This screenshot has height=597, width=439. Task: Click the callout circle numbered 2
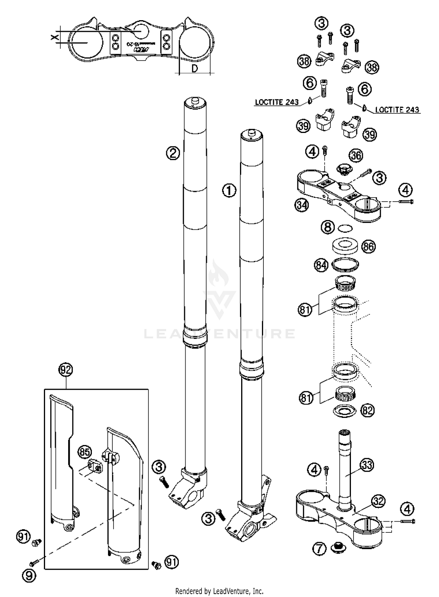173,153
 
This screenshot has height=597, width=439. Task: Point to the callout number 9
29,575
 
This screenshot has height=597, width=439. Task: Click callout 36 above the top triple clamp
356,155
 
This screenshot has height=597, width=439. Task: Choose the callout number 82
368,411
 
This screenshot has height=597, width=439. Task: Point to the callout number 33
367,465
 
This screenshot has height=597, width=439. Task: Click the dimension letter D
195,69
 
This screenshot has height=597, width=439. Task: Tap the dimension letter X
54,37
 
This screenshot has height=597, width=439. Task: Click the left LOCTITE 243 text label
277,102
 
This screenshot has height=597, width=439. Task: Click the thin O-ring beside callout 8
345,228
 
